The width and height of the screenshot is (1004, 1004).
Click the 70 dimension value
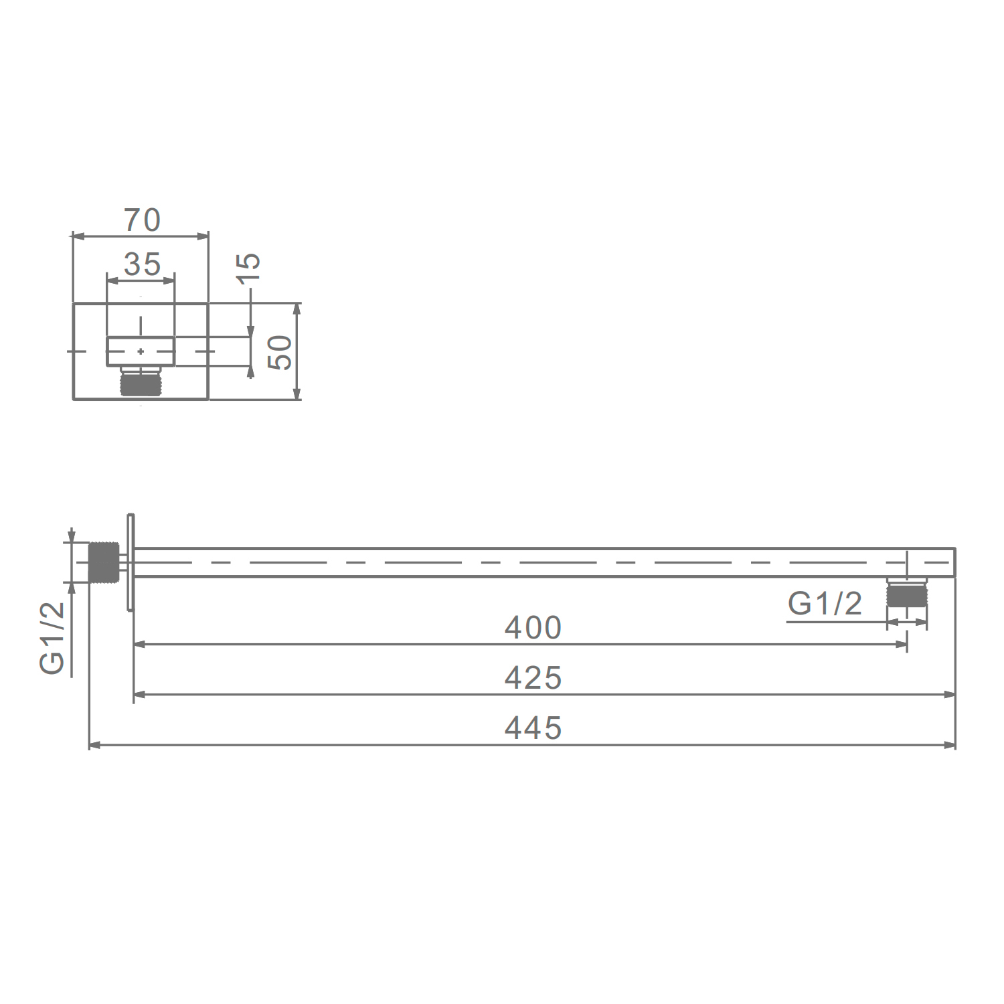tap(142, 220)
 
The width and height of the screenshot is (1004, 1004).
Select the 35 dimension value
tap(142, 264)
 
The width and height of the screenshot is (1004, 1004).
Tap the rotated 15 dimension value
tap(248, 268)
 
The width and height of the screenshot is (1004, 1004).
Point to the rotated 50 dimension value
tap(280, 353)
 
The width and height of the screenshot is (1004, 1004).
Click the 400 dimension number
tap(533, 628)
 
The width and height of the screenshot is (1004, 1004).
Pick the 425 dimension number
tap(533, 678)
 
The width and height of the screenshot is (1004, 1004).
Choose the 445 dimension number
tap(533, 728)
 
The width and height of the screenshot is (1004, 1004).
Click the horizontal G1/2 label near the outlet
tap(825, 604)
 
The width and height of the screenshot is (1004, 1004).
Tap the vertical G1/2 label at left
tap(52, 638)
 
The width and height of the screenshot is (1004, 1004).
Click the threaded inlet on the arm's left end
tap(104, 562)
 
